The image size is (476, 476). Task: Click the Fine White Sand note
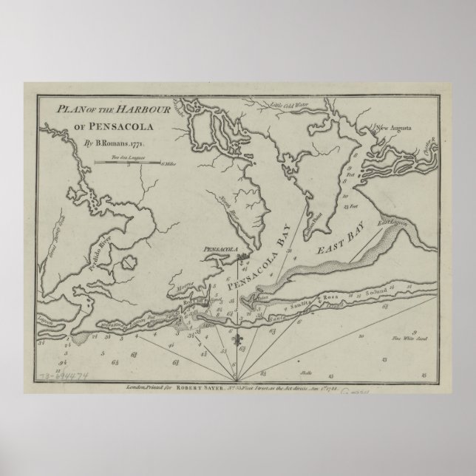click(412, 339)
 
